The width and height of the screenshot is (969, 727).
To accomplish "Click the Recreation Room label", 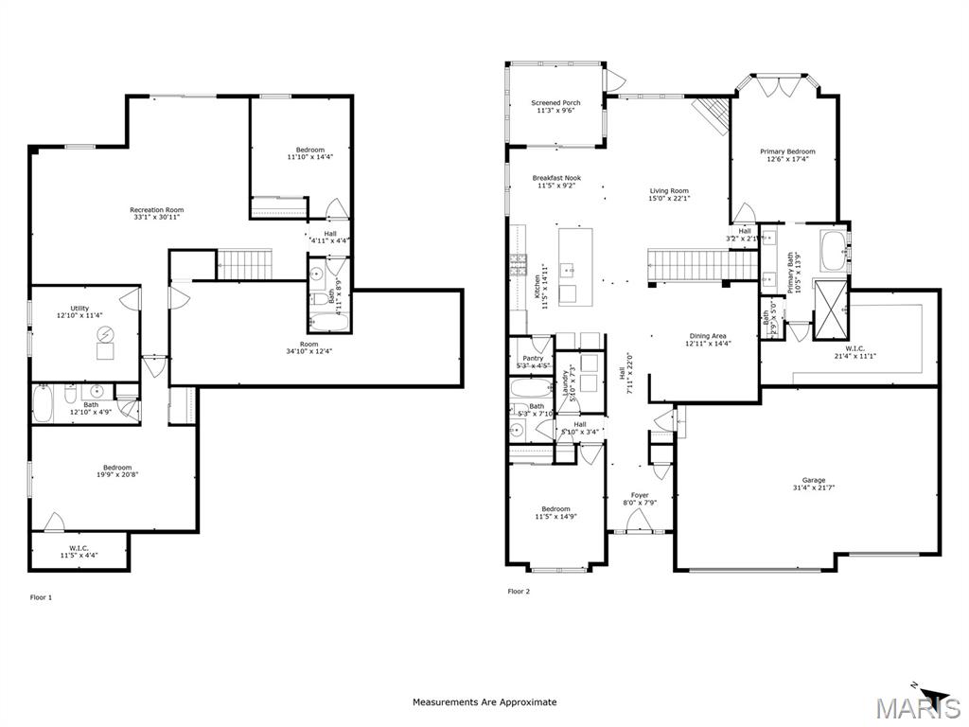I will pos(157,210).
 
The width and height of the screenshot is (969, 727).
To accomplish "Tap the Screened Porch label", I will pos(555,102).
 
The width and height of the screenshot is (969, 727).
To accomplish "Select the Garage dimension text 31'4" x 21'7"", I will pos(814,488).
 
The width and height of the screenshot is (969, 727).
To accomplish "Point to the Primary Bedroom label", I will pos(787,151).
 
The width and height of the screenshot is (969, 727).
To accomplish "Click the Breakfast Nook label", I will pos(556,178).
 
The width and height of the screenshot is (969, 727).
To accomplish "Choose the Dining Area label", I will pos(708,335).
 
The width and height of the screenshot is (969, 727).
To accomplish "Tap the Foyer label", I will pos(641,495).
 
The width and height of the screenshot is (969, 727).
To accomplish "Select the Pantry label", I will pos(533,359).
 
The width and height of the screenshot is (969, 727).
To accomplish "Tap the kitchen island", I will pos(571,266).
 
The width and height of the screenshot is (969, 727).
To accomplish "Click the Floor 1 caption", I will pos(41,597).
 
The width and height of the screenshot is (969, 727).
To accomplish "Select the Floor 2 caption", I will pos(519,592).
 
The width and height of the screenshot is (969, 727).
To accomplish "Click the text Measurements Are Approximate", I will pos(484,702).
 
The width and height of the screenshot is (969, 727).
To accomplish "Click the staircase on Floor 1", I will pos(244,264).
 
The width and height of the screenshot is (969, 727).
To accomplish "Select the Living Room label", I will pos(668,190).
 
